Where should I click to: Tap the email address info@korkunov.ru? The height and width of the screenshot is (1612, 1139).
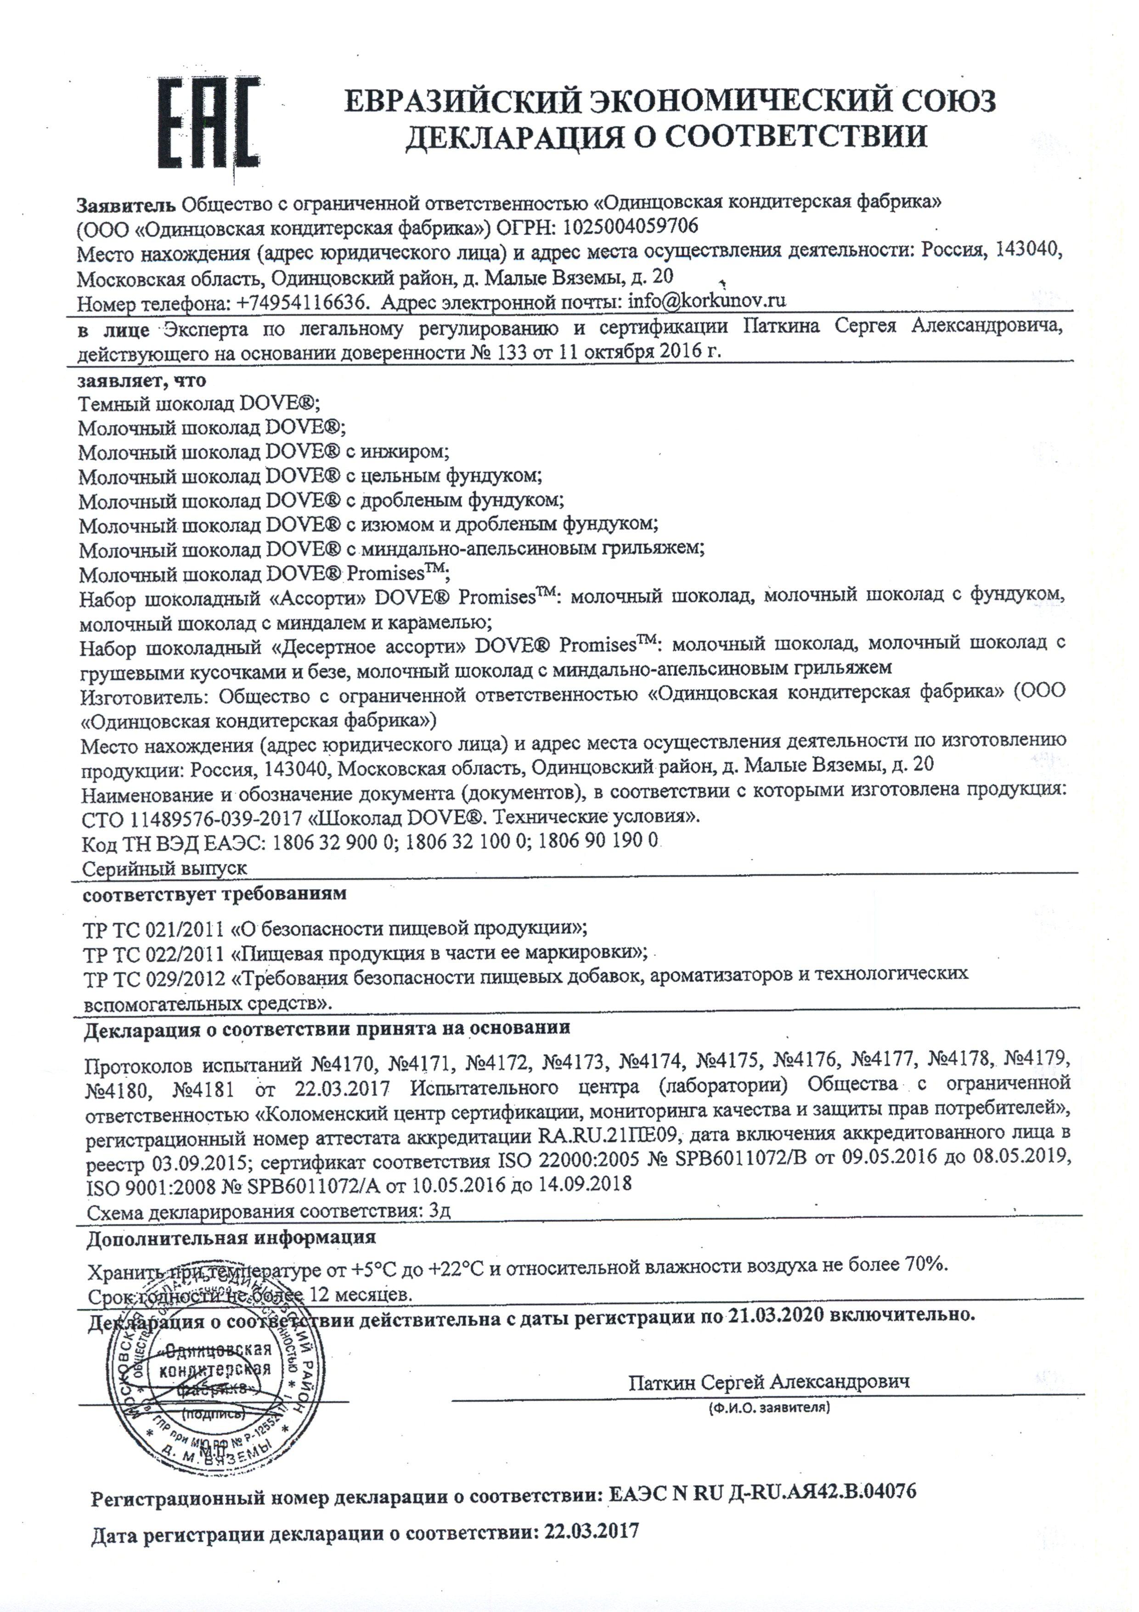707,302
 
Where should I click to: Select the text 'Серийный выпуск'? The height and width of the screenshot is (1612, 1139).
164,868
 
